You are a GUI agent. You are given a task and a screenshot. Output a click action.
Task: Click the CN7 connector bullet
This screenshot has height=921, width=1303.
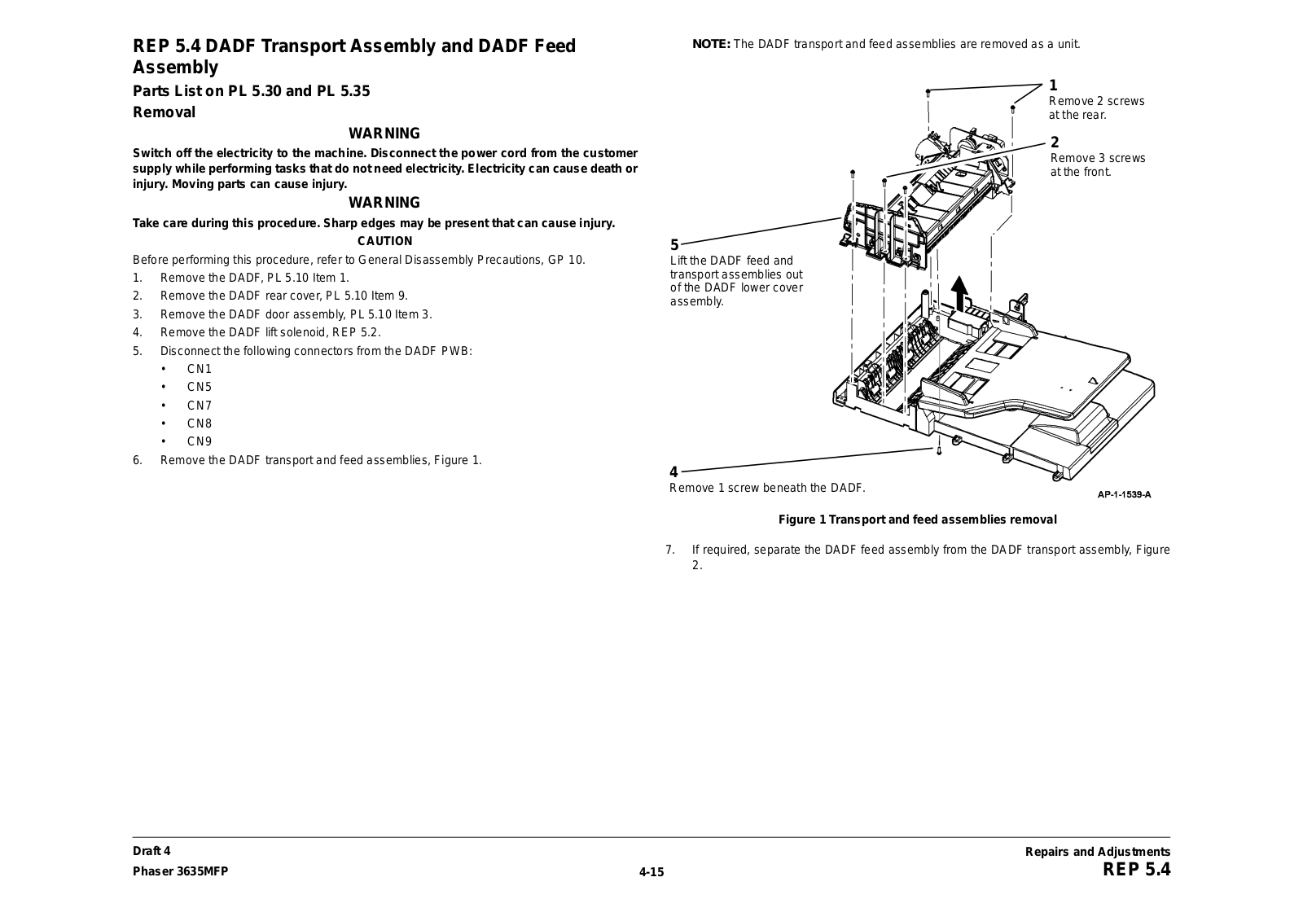coord(199,406)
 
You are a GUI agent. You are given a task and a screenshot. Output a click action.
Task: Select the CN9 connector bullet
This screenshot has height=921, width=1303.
coord(199,442)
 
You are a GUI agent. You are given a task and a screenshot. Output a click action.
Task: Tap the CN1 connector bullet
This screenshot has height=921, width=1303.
coord(199,369)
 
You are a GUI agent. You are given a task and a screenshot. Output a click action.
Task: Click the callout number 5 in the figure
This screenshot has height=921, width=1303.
coord(674,245)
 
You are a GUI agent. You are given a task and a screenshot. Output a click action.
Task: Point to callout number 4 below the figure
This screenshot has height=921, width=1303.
coord(673,472)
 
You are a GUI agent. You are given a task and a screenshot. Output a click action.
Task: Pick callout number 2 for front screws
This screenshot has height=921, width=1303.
coord(1055,143)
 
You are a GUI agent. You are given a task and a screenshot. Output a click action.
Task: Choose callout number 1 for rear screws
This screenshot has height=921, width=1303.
coord(1053,86)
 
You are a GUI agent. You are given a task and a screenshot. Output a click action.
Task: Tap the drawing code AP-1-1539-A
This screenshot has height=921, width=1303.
coord(1124,494)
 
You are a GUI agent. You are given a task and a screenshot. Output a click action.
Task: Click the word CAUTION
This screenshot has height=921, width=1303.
coord(385,241)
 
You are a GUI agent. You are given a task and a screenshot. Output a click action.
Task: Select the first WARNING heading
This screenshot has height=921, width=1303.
coord(384,134)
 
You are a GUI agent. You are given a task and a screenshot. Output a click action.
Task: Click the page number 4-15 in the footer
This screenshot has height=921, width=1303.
coord(651,872)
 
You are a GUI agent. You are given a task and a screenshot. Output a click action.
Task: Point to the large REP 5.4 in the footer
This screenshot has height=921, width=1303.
coord(1136,870)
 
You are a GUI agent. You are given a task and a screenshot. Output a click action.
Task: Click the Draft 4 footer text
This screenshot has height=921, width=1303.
coord(152,852)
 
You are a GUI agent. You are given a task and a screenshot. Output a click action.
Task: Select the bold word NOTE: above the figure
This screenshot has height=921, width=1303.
coord(711,44)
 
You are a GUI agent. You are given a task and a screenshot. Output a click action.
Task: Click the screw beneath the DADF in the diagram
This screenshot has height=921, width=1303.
coord(939,449)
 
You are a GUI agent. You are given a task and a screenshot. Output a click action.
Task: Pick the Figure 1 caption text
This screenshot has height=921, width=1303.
coord(918,520)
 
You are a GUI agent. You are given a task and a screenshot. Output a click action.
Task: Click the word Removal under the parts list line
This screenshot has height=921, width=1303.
coord(165,112)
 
